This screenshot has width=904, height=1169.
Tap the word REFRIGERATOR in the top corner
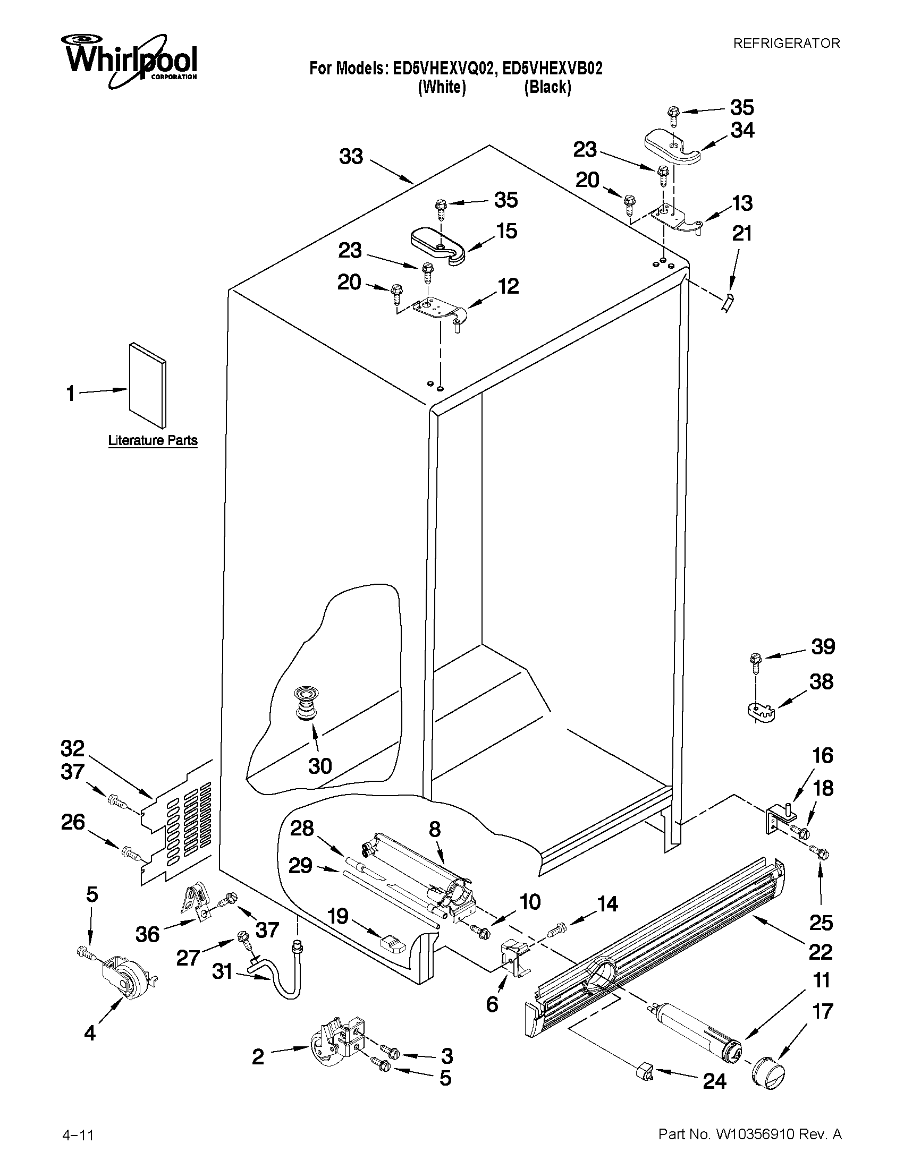tap(786, 44)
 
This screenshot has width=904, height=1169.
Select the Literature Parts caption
tap(153, 440)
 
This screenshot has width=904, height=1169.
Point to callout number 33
tap(351, 157)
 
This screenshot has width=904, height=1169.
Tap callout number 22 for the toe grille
tap(820, 952)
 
